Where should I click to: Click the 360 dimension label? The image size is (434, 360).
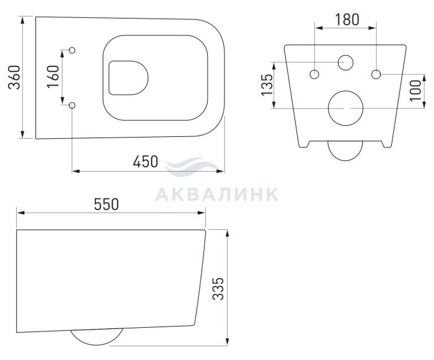tap(14, 77)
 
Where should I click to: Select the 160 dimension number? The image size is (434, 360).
tap(53, 77)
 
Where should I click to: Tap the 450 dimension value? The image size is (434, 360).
tap(145, 162)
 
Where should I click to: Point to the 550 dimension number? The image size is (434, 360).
tap(106, 204)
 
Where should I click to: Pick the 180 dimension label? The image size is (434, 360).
tap(347, 20)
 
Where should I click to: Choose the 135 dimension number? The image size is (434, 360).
tap(267, 85)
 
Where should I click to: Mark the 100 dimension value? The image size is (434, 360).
tap(415, 90)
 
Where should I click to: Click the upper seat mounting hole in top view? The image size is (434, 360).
tap(72, 50)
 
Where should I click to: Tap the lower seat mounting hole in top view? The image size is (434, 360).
tap(72, 105)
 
